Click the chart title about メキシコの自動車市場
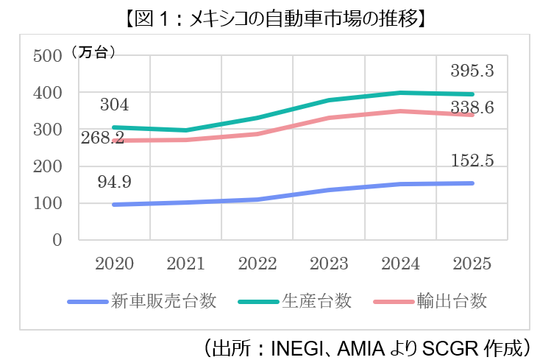pyautogui.click(x=275, y=17)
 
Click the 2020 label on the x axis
pyautogui.click(x=114, y=263)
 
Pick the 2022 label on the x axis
pyautogui.click(x=257, y=263)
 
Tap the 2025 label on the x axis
pyautogui.click(x=473, y=263)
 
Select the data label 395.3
pyautogui.click(x=471, y=71)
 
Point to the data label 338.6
pyautogui.click(x=471, y=107)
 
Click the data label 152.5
pyautogui.click(x=471, y=160)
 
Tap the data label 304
pyautogui.click(x=114, y=105)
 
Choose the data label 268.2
pyautogui.click(x=104, y=138)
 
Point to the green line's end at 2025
pyautogui.click(x=473, y=94)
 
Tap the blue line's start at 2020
pyautogui.click(x=114, y=205)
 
